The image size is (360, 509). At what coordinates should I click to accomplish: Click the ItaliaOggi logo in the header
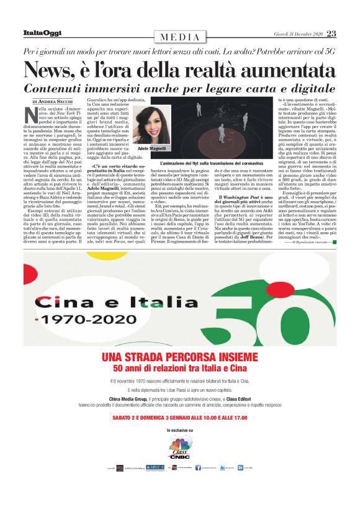point(40,34)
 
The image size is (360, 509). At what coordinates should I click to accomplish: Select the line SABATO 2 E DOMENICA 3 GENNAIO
point(179,418)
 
